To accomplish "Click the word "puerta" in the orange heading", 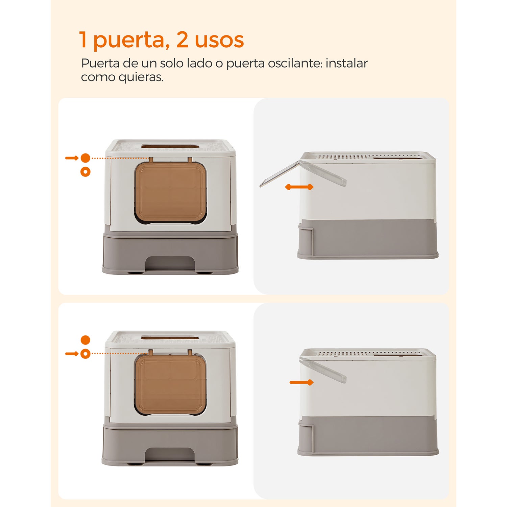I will pos(128,41).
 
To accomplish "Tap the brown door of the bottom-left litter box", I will pos(170,385).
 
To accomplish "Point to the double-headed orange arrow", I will pos(299,187).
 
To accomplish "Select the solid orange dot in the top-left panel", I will pos(86,158).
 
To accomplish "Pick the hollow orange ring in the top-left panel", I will pos(86,172).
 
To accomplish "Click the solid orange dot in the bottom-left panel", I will pos(86,340).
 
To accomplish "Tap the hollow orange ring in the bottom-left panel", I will pos(86,354).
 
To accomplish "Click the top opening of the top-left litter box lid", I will pos(170,146).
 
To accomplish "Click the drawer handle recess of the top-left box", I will pos(170,263).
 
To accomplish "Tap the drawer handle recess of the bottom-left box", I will pos(170,455).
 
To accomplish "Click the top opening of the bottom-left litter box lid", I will pos(170,338).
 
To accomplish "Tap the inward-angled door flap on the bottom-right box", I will pos(324,370).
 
